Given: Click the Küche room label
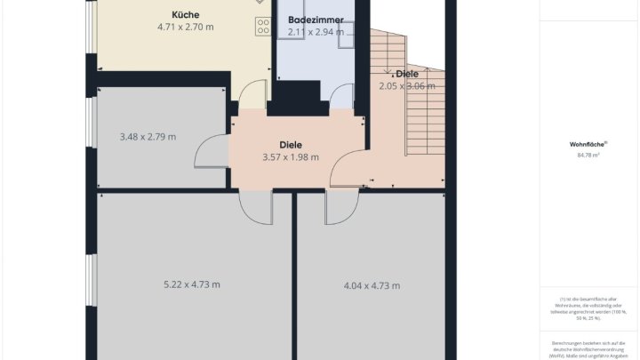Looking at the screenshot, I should (x=185, y=14).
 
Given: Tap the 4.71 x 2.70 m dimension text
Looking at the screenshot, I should (x=185, y=27).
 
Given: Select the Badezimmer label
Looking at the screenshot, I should (x=316, y=19).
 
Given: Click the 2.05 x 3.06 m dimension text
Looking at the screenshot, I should (x=407, y=86).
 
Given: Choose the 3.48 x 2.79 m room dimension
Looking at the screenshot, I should (x=148, y=137).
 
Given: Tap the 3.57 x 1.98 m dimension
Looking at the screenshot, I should (x=291, y=157).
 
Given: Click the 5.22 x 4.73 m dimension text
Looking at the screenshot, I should (x=192, y=284).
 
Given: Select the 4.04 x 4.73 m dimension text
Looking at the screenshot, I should (x=372, y=285).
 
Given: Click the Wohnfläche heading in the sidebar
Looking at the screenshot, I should (x=588, y=144).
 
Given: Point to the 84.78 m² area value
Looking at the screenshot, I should (x=588, y=156).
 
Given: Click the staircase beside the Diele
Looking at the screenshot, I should (x=425, y=116).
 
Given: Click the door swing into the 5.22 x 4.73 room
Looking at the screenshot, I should (x=255, y=208).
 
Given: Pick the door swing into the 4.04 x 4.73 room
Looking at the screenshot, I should (x=338, y=208).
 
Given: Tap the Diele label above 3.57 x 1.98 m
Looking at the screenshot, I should (x=291, y=144).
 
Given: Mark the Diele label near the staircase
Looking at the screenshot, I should (x=407, y=74).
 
